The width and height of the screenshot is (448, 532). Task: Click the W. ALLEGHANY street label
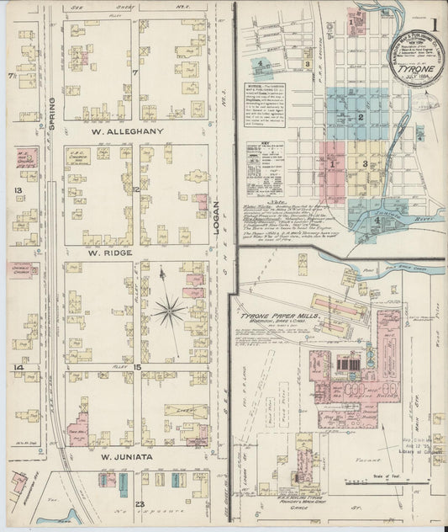tap(135, 131)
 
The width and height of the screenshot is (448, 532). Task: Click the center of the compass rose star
tap(169, 311)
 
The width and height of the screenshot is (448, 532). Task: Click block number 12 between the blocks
tap(135, 190)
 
